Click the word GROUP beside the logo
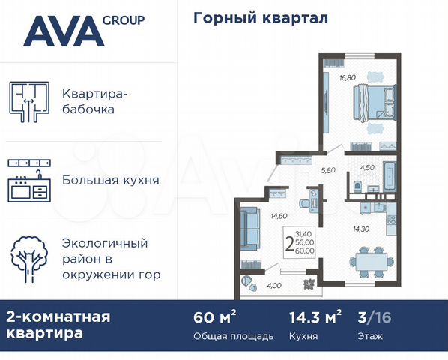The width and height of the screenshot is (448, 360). click(124, 20)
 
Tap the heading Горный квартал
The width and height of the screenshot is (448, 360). click(250, 18)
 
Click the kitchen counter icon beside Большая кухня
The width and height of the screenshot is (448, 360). click(29, 181)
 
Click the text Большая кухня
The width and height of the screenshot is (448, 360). click(121, 181)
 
